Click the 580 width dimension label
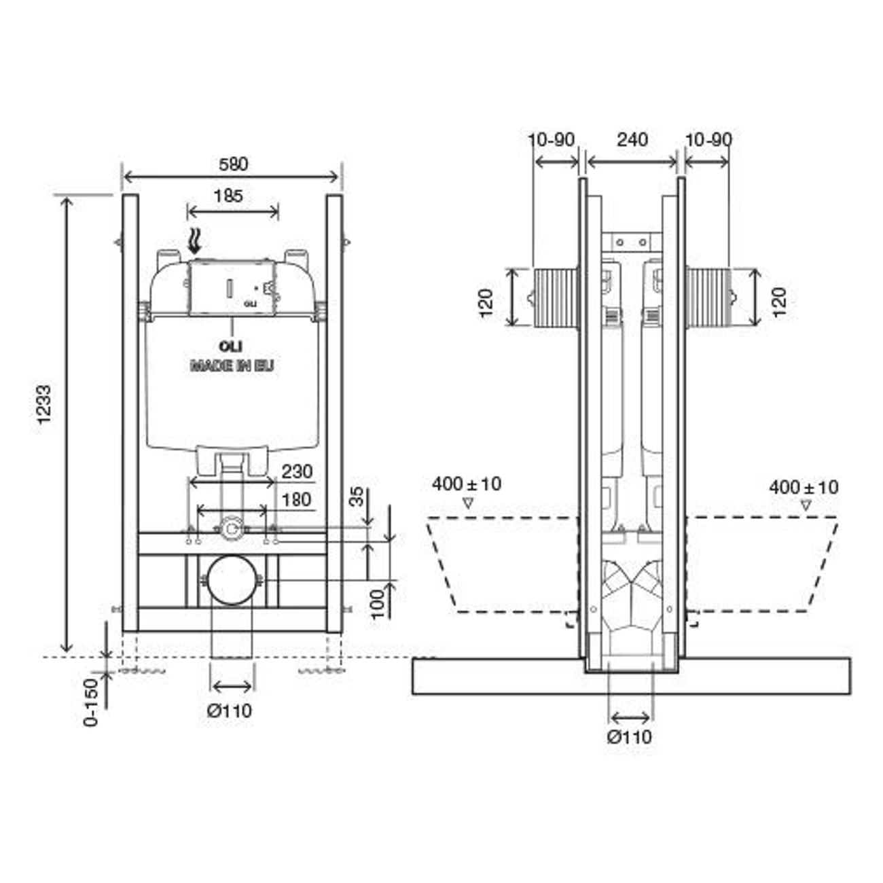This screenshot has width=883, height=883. coord(233,164)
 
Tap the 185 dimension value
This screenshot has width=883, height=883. coord(228,196)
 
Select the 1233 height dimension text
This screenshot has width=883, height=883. coord(44,405)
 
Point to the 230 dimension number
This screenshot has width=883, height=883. coord(297,471)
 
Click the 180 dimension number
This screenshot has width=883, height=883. coord(297,499)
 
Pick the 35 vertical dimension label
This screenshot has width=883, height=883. coord(357,497)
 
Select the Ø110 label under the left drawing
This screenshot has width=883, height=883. coord(229,711)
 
